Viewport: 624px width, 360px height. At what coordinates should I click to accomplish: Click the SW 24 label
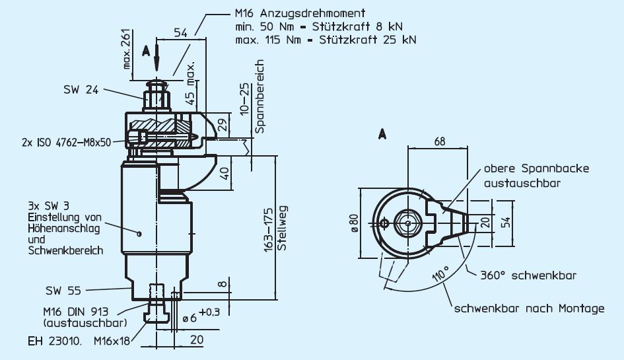[x=81, y=90]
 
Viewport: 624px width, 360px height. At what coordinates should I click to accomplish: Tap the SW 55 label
[x=63, y=289]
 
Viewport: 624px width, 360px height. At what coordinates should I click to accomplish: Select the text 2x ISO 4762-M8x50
[x=65, y=142]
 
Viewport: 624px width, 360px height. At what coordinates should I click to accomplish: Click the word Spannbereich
[x=260, y=97]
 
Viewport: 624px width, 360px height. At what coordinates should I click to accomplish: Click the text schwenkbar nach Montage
[x=528, y=308]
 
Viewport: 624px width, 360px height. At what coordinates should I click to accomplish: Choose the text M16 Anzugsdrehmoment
[x=301, y=13]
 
